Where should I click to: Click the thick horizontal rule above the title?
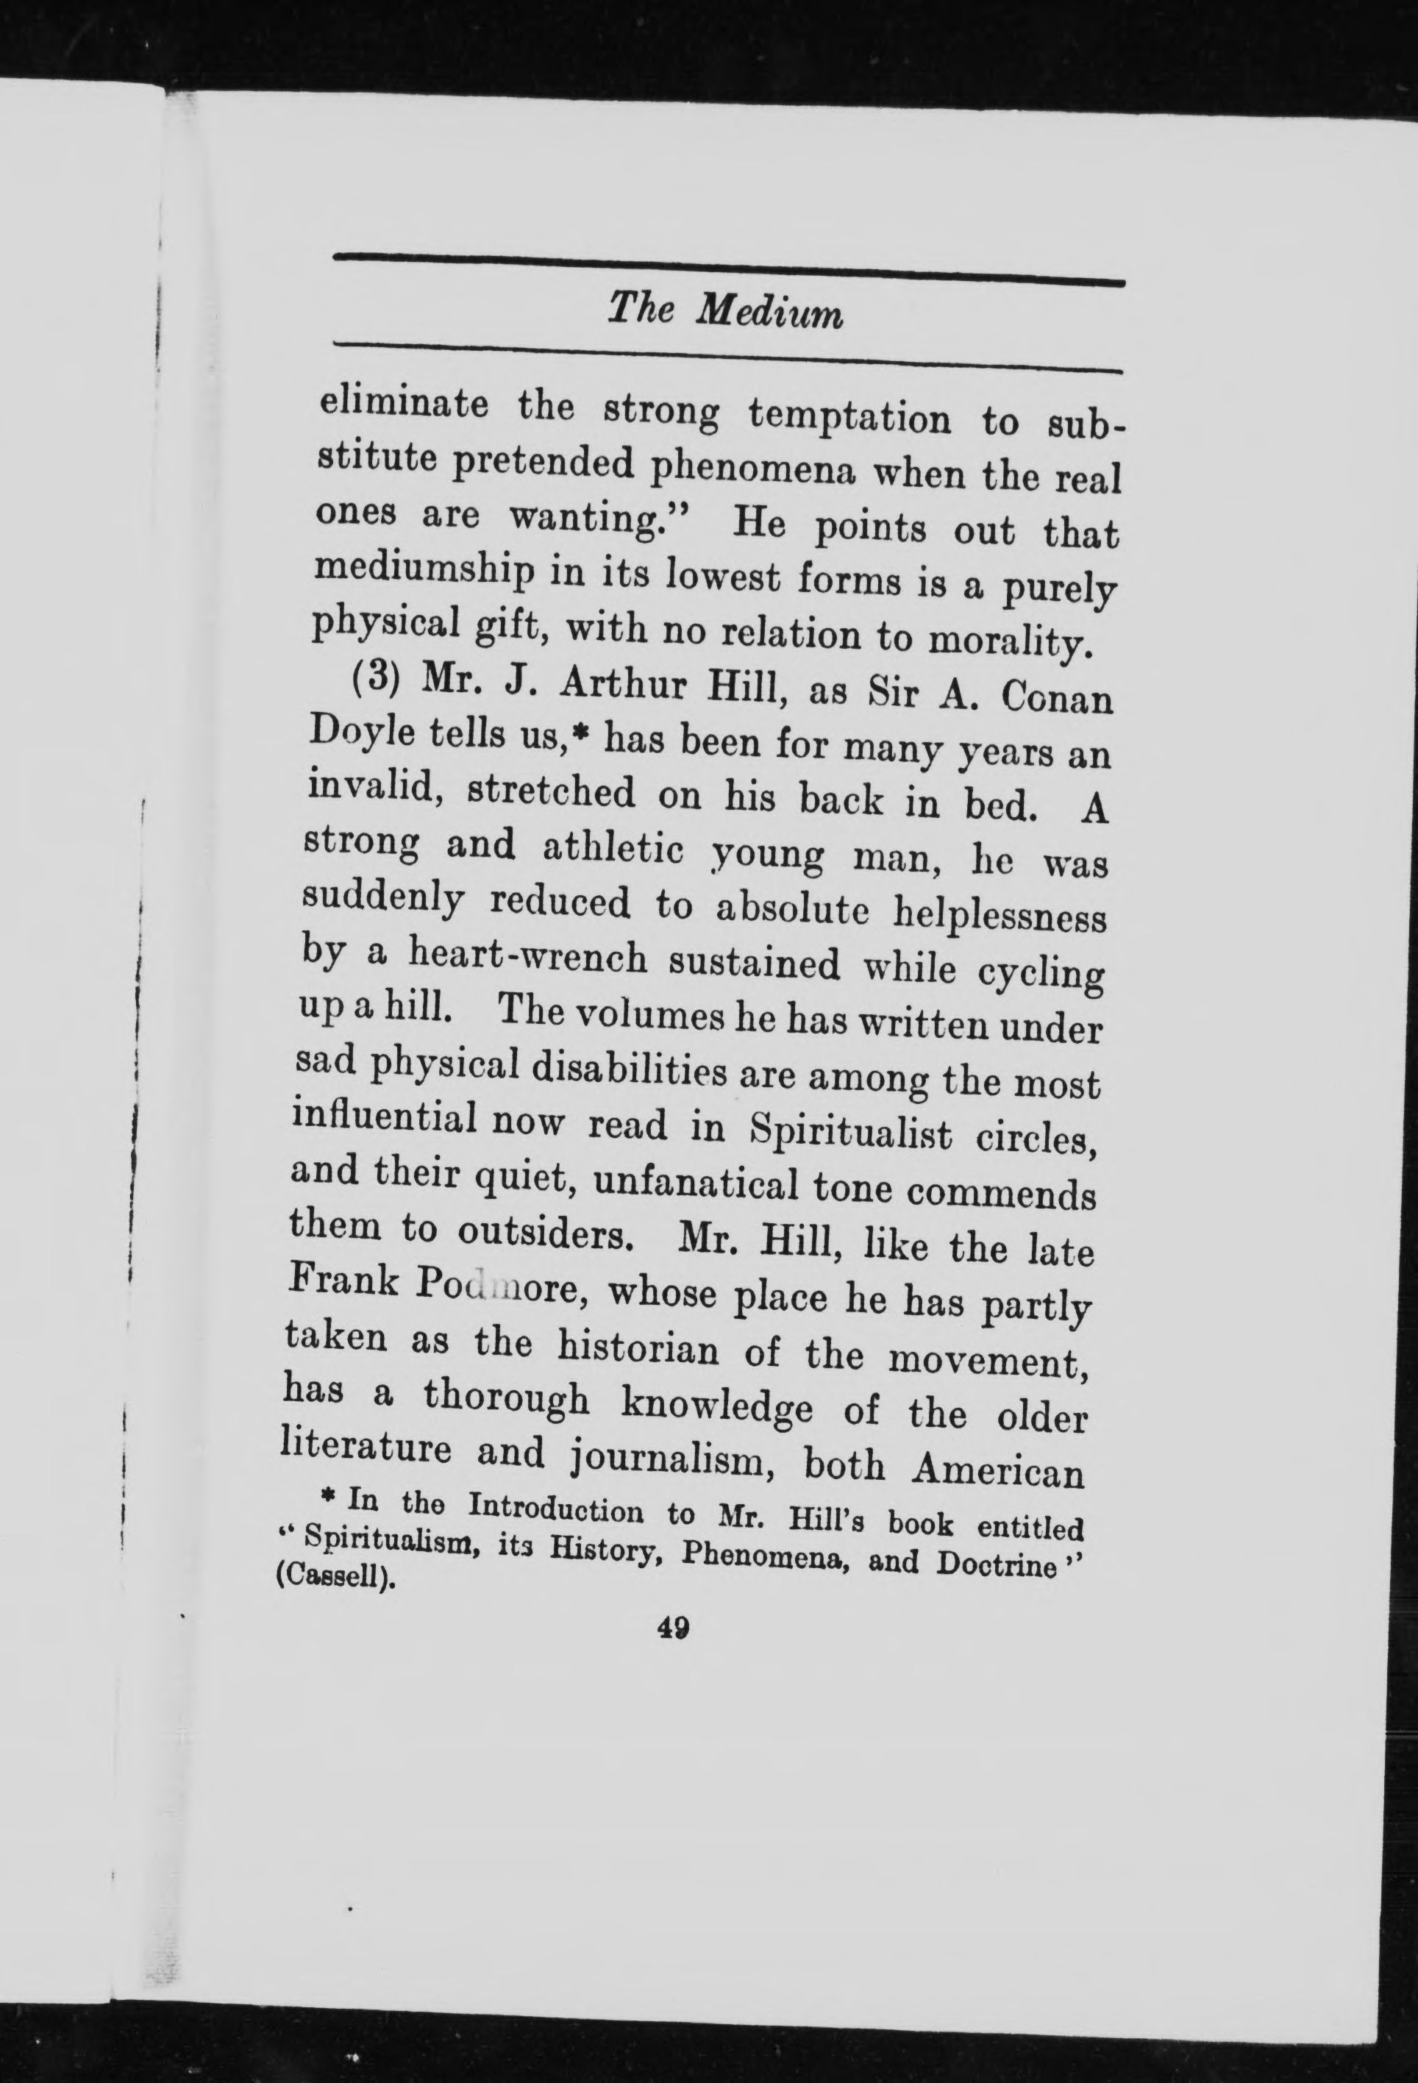pyautogui.click(x=728, y=259)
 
